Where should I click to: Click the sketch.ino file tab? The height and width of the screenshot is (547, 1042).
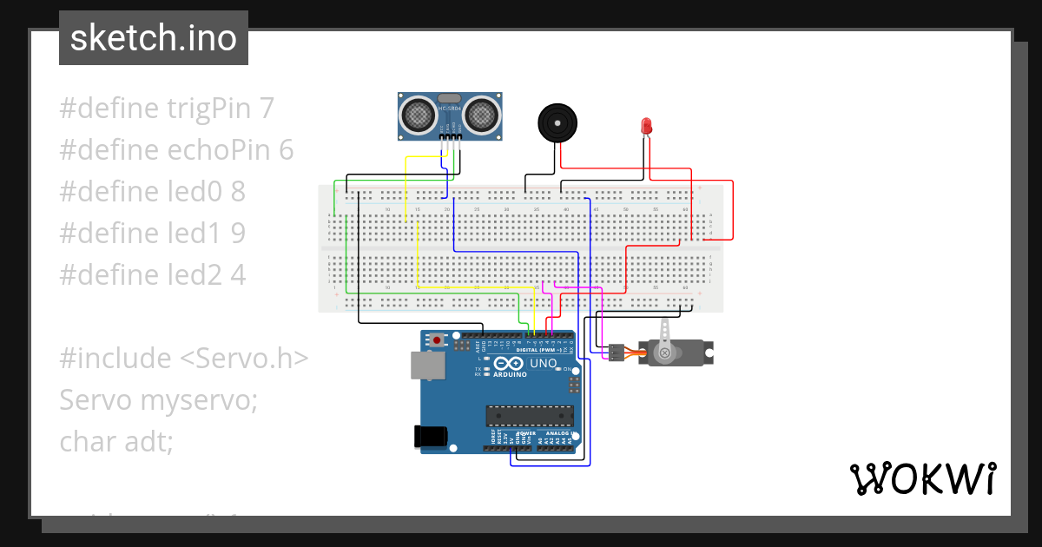153,38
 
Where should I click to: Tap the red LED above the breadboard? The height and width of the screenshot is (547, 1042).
646,126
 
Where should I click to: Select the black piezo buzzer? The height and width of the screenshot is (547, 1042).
557,122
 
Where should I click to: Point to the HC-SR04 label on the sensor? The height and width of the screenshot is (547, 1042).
449,107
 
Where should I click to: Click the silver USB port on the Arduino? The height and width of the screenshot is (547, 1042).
427,366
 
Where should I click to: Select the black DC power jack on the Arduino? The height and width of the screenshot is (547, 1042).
432,435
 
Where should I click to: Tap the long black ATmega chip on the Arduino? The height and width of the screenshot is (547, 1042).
529,416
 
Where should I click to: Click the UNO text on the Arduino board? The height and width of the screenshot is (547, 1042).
543,364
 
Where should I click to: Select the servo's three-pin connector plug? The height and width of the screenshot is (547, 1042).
615,353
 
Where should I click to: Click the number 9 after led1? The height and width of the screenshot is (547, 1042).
238,234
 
